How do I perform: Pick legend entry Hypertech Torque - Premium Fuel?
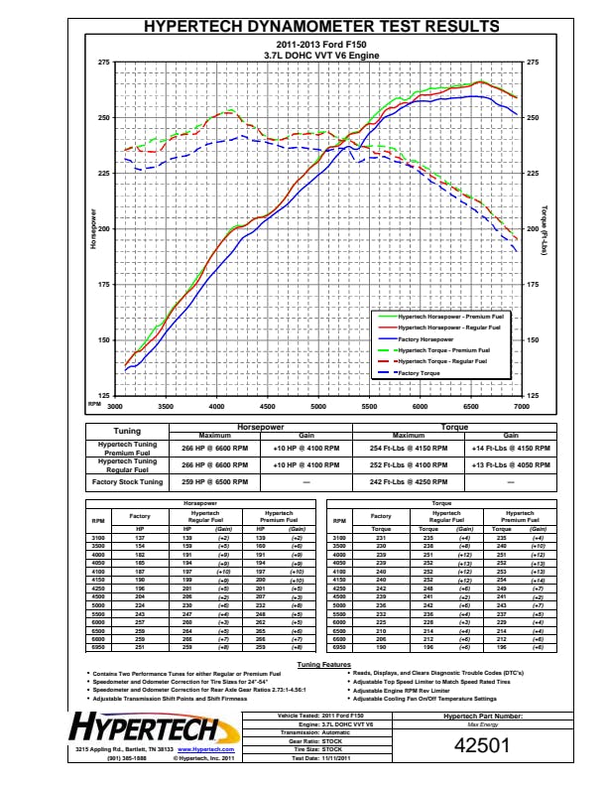click(x=441, y=350)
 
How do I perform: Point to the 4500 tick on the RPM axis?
click(x=268, y=407)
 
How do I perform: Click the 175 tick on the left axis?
click(x=104, y=285)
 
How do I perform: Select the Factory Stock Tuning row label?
click(x=127, y=481)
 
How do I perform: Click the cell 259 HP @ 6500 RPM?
click(x=214, y=481)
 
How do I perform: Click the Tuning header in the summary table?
click(x=127, y=431)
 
